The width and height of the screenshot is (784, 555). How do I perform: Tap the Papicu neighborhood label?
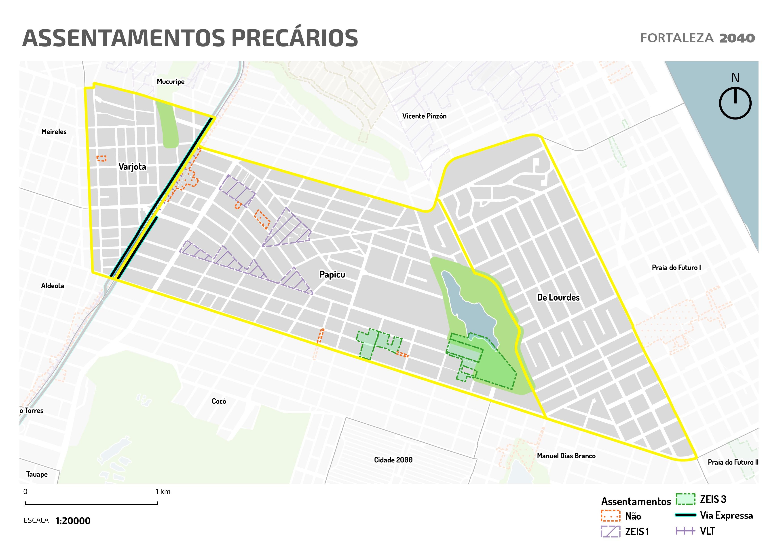pos(332,274)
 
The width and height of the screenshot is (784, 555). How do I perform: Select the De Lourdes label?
pos(558,297)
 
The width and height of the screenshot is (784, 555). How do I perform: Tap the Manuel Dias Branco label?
pos(566,456)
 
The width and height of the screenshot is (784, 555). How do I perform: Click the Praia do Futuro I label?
pos(676,268)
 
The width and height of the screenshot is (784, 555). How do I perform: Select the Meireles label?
pos(54,132)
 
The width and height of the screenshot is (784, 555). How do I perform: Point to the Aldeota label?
pos(53,286)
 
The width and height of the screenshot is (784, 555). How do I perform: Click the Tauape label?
pos(37,474)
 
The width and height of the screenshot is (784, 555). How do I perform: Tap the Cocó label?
pos(219,401)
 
